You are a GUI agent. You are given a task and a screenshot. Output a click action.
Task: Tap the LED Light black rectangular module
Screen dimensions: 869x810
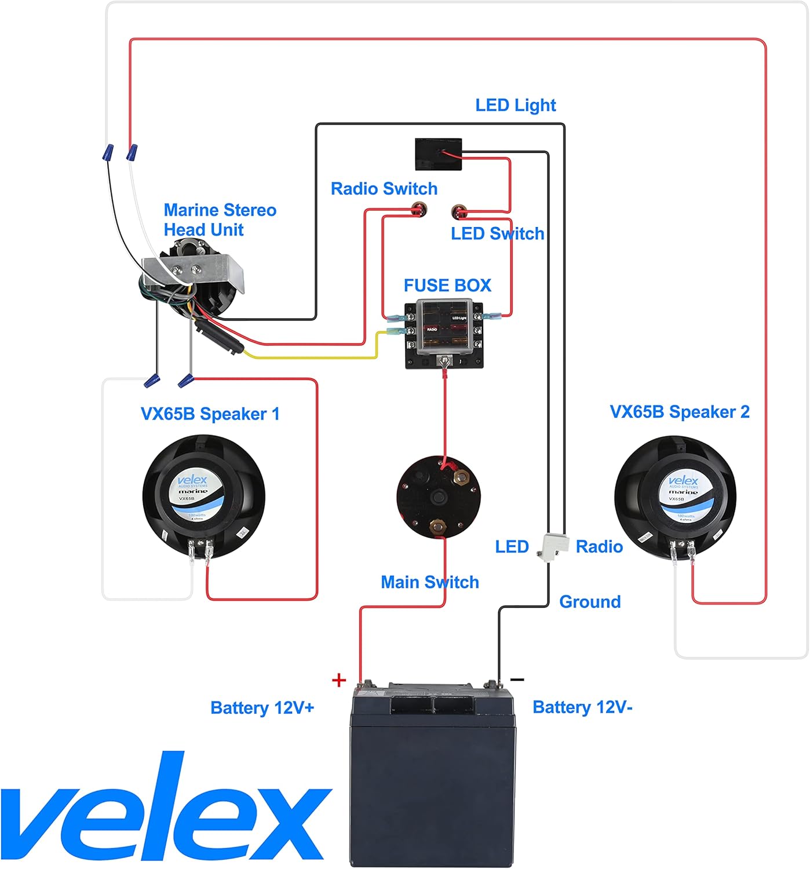(x=438, y=154)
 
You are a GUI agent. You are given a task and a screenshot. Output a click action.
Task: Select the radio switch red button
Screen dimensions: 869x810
(x=417, y=209)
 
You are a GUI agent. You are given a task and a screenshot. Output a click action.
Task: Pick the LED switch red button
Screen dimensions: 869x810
(x=459, y=211)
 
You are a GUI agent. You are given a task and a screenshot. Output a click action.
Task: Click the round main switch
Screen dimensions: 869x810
(x=439, y=496)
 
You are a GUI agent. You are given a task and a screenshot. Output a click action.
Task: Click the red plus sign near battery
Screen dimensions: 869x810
(x=339, y=680)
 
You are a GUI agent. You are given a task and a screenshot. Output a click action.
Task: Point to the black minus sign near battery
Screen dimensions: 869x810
(x=517, y=679)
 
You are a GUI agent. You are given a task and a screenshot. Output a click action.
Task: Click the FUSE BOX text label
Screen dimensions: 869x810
(x=447, y=286)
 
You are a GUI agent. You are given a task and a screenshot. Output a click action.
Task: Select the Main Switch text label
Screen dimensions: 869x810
(x=429, y=582)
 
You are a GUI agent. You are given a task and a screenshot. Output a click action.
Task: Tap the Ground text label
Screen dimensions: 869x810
(x=589, y=602)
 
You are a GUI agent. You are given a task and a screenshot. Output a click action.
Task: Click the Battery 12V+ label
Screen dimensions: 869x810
(x=262, y=708)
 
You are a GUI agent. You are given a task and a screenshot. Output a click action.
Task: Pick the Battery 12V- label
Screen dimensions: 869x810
(x=582, y=707)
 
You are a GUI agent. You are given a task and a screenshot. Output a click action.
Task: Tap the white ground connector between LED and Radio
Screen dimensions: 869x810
(x=551, y=546)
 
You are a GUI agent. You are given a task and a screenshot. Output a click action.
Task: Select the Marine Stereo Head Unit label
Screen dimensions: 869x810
(x=220, y=220)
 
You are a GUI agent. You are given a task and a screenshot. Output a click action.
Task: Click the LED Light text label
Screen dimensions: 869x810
(x=515, y=105)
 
